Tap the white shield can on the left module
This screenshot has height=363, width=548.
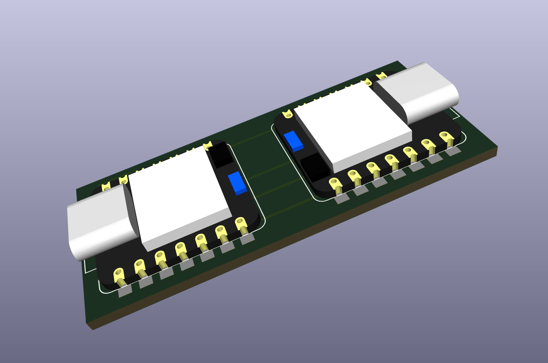click(x=180, y=196)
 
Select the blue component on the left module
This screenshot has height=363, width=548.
click(x=237, y=183)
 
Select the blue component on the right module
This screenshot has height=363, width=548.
click(x=293, y=141)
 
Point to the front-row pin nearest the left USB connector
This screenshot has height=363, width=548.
click(x=119, y=276)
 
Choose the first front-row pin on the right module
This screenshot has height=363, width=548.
click(x=336, y=185)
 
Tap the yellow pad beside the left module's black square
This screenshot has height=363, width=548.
click(x=208, y=146)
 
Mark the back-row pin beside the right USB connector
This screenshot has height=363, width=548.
click(x=381, y=76)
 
